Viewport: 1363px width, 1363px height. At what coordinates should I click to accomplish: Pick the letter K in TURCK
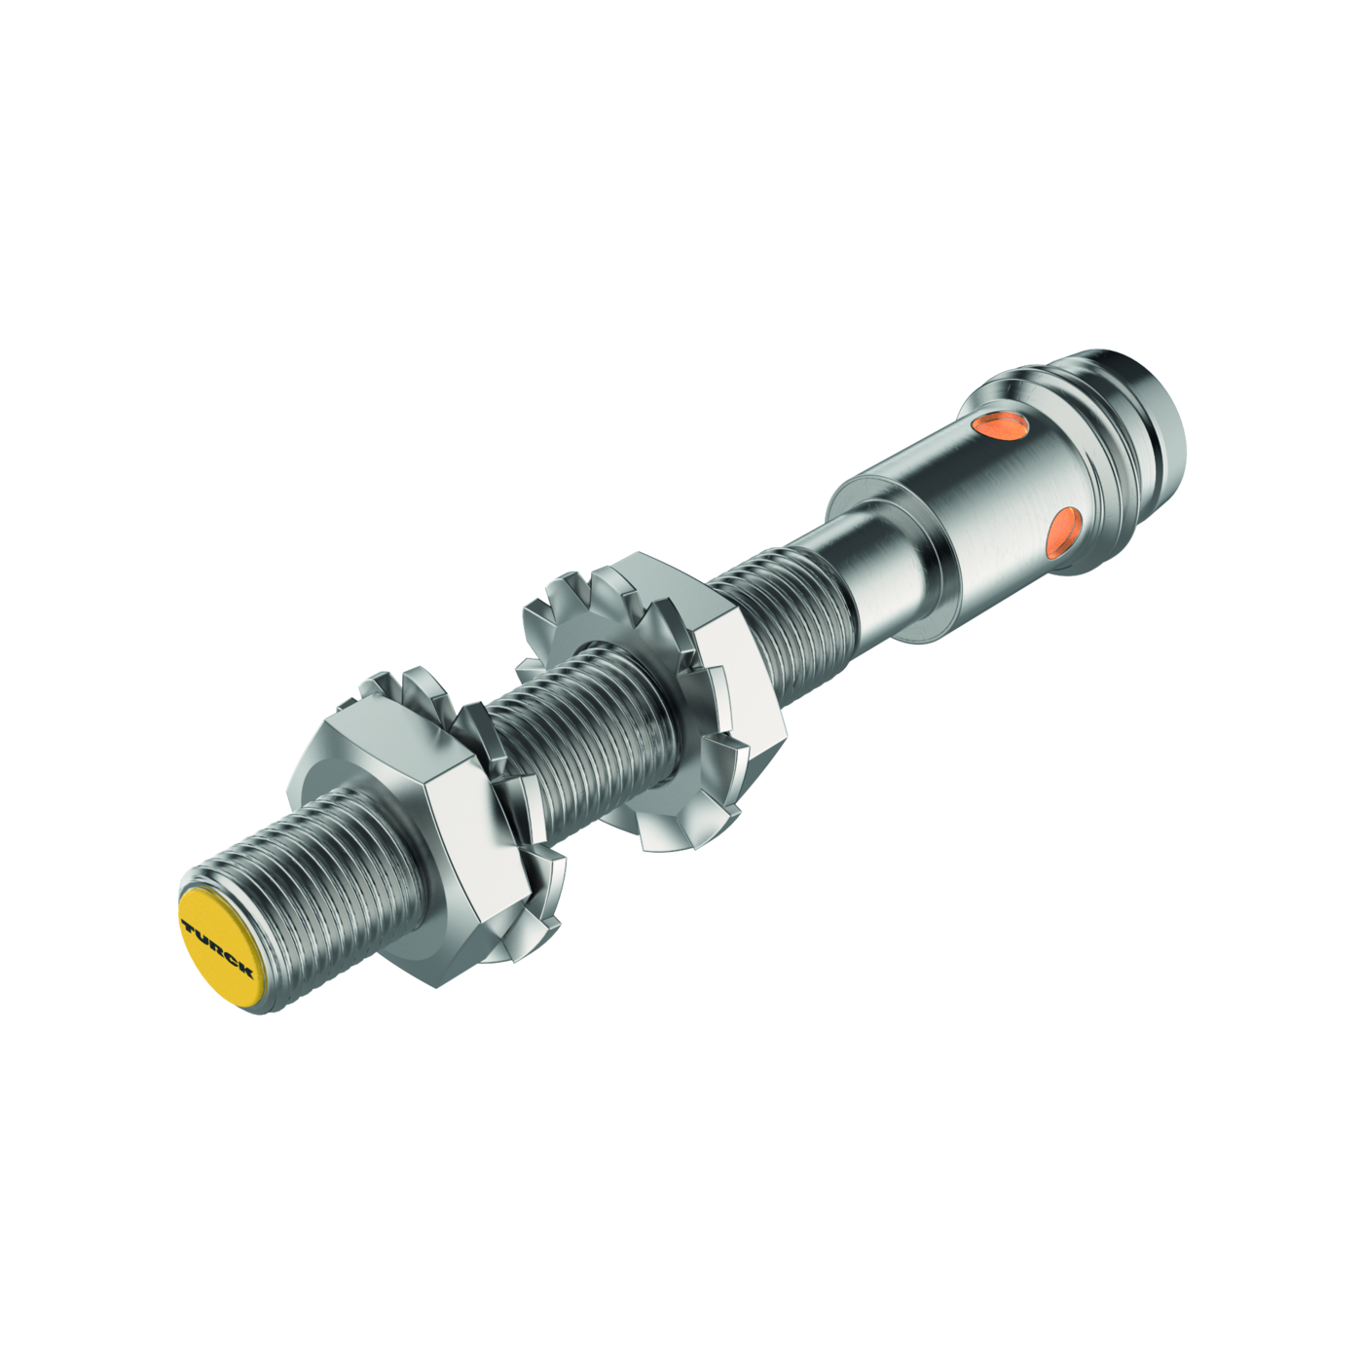point(244,970)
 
